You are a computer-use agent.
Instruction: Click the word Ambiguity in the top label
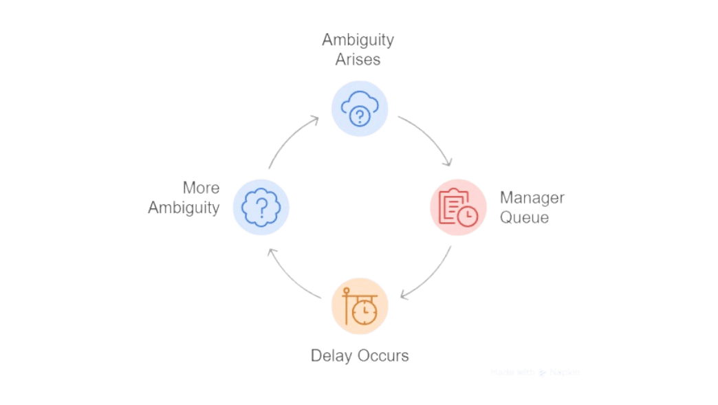(x=358, y=40)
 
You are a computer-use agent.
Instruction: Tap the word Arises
(x=358, y=59)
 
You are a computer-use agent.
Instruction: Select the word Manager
(x=532, y=198)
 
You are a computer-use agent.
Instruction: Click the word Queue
(x=524, y=217)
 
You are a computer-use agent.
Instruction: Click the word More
(x=201, y=188)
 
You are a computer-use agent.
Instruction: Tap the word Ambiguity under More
(x=184, y=207)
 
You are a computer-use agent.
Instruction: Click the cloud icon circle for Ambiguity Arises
(x=360, y=109)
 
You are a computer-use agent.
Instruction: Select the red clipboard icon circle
(x=458, y=207)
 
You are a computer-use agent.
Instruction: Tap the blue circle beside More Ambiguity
(x=261, y=207)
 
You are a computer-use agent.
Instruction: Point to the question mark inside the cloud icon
(x=360, y=116)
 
